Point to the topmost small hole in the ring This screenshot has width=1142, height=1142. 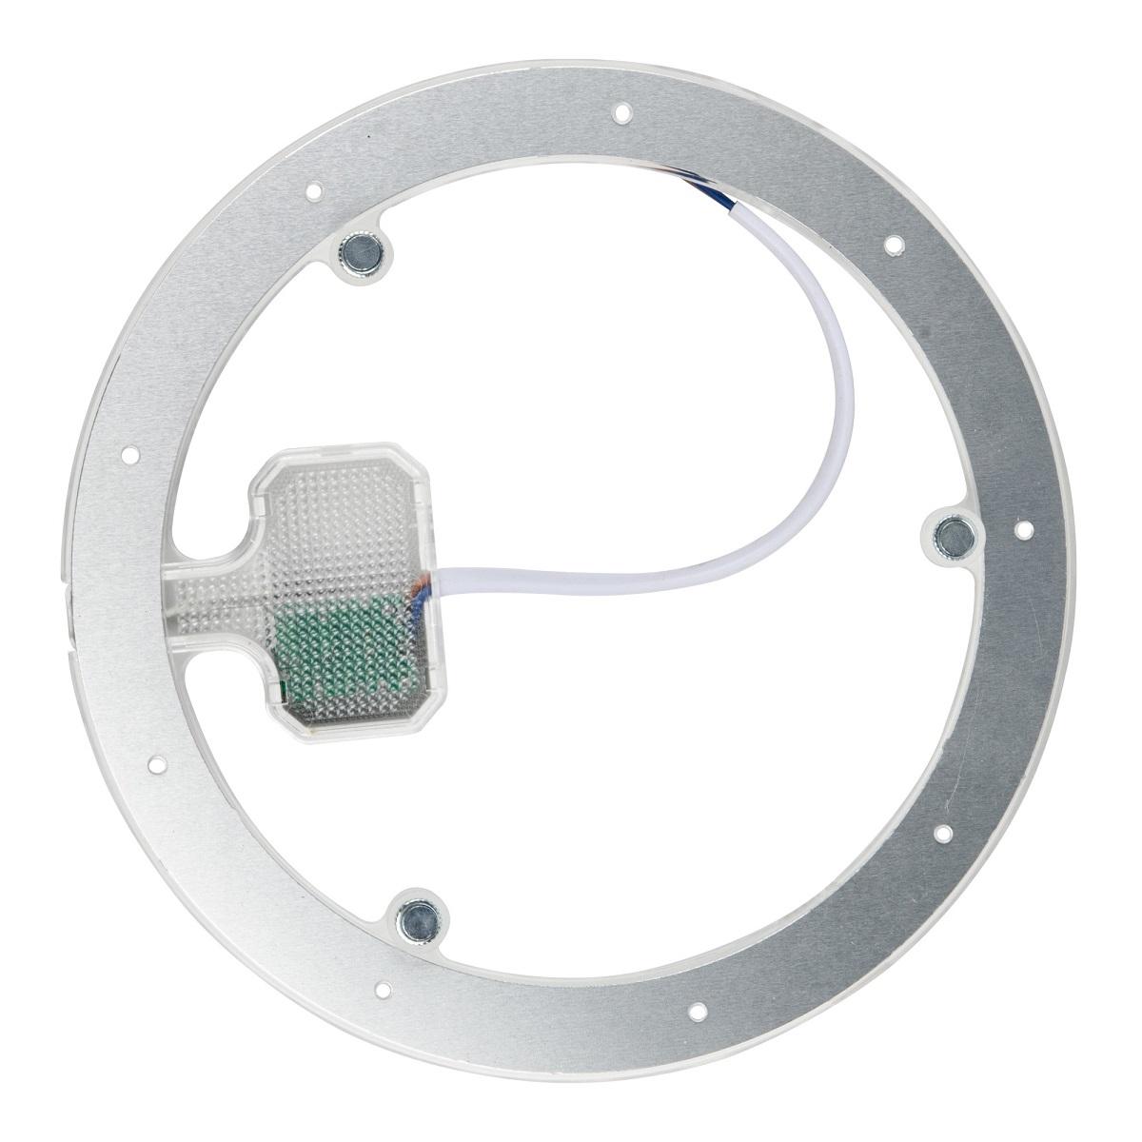click(621, 113)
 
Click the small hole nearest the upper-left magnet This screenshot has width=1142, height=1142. click(314, 191)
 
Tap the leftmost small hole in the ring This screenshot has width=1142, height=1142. click(132, 453)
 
